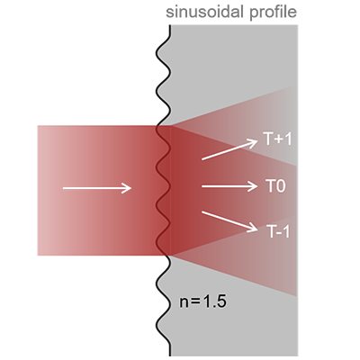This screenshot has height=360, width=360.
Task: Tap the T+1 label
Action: pos(277,139)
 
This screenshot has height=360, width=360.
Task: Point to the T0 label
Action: pos(275,186)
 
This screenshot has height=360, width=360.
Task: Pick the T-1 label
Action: pos(278,231)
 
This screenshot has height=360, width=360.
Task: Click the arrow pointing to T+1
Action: pos(229,149)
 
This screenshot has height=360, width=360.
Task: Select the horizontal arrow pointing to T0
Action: pos(229,186)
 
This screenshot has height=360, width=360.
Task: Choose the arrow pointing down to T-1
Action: pos(229,221)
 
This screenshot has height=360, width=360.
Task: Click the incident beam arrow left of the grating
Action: pos(97,188)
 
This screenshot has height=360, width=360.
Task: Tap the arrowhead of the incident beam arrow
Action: pos(128,188)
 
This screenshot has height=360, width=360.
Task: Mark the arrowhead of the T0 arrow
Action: pos(254,186)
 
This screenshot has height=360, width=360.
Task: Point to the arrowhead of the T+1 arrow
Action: pos(253,142)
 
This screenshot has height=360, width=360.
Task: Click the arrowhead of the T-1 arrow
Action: pos(253,229)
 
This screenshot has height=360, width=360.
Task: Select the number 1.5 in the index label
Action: pos(214,301)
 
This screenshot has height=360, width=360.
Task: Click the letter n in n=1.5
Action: pos(184,303)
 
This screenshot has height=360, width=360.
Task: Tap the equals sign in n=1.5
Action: pos(195,302)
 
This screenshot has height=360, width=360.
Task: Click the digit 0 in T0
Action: pos(281,186)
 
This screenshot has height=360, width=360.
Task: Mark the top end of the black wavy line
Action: pos(170,25)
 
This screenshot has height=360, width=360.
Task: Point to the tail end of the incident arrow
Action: pos(63,188)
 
